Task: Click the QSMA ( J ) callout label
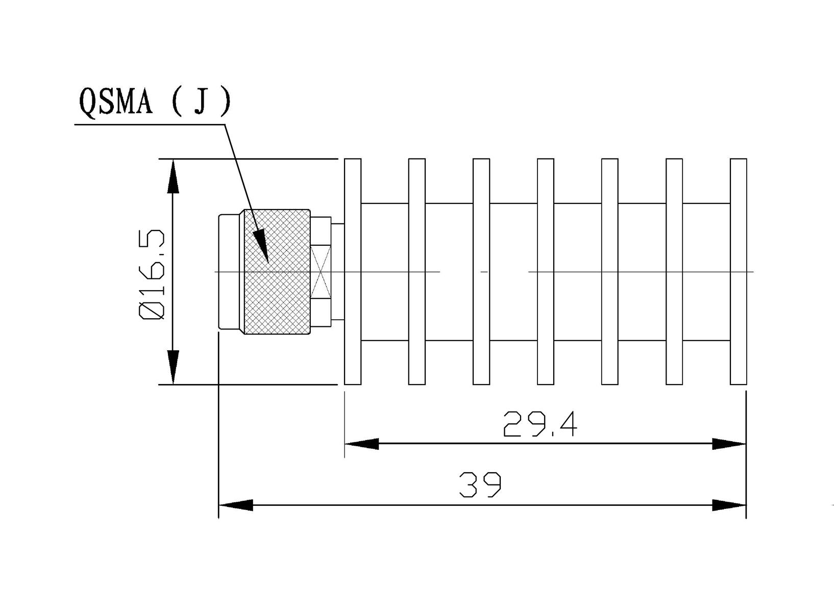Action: pyautogui.click(x=155, y=101)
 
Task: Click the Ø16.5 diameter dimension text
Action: pyautogui.click(x=152, y=274)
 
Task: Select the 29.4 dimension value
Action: pyautogui.click(x=539, y=425)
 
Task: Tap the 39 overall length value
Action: pyautogui.click(x=480, y=485)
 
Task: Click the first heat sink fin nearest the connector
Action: pyautogui.click(x=353, y=271)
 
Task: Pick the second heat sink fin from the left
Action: pyautogui.click(x=417, y=271)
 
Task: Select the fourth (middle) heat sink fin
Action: pyautogui.click(x=546, y=271)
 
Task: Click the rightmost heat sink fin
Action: pyautogui.click(x=739, y=271)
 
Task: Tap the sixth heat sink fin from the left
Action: pyautogui.click(x=674, y=271)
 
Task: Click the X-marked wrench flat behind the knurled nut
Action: pyautogui.click(x=321, y=272)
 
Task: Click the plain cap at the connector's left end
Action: pyautogui.click(x=231, y=272)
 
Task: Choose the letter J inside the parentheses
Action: pyautogui.click(x=200, y=102)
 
